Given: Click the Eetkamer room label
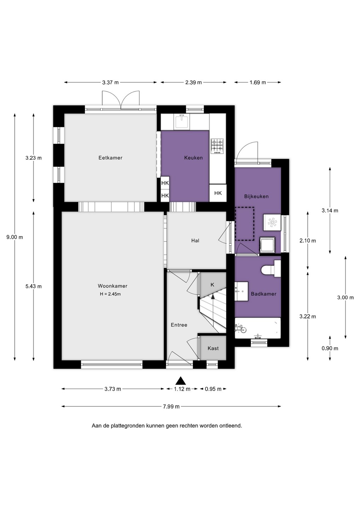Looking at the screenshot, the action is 110,158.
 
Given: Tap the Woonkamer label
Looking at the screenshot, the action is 112,286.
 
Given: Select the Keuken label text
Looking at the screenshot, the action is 193,158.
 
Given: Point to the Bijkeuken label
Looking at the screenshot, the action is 256,196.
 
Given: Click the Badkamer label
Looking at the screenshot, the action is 264,294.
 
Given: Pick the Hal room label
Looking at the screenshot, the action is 195,240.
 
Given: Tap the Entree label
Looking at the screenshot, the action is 179,325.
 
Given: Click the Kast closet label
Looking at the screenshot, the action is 213,348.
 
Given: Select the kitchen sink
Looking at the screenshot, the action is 182,122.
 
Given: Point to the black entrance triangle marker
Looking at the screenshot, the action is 181,381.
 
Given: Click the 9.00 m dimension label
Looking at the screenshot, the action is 15,237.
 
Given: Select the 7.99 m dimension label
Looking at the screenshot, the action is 171,406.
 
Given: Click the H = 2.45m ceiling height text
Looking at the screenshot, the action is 110,294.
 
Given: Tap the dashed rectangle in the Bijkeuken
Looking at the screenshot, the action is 244,224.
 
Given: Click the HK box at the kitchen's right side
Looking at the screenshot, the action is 218,193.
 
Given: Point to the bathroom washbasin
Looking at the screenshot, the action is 242,291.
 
